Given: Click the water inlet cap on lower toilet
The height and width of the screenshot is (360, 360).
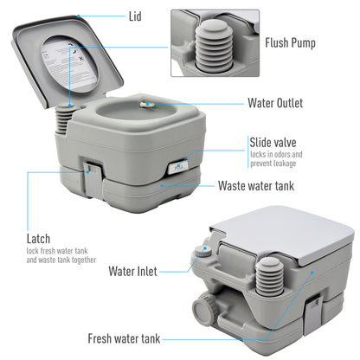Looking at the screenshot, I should (202, 253).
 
